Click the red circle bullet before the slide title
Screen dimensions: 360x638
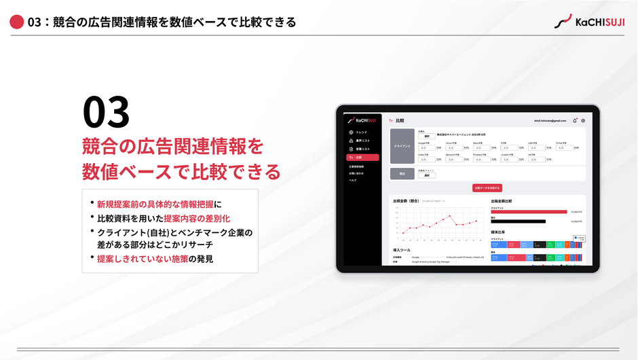coord(17,22)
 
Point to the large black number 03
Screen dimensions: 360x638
coord(106,113)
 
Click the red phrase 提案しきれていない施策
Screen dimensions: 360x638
coord(143,259)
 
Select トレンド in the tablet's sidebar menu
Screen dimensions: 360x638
coord(361,132)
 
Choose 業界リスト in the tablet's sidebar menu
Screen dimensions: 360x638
coord(362,141)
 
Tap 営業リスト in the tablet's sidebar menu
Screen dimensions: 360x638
coord(362,149)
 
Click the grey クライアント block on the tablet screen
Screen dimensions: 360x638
coord(402,146)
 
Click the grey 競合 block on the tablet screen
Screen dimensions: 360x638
coord(402,173)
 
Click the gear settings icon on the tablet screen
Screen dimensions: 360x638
coord(583,120)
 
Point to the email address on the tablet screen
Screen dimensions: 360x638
coord(550,120)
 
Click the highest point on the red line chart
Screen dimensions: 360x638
coord(450,217)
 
